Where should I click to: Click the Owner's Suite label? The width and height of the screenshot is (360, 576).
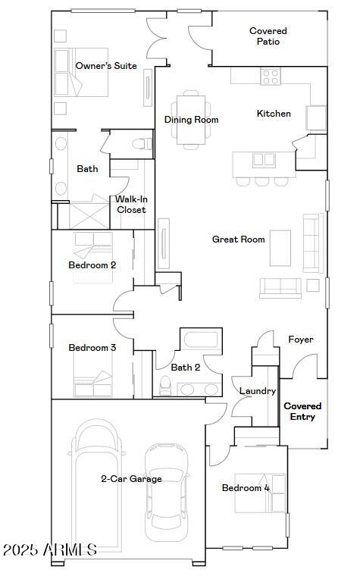click(106, 66)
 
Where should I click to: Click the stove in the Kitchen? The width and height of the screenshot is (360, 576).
click(271, 75)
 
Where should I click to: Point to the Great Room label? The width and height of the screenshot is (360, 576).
click(238, 239)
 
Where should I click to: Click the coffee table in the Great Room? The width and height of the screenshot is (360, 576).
click(280, 248)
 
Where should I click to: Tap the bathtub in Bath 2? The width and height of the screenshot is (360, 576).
click(200, 343)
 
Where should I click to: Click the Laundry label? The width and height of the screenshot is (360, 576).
click(257, 391)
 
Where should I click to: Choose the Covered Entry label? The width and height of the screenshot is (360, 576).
click(302, 412)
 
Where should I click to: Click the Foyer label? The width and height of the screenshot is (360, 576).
click(301, 340)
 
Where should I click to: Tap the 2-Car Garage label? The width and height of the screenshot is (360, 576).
click(131, 479)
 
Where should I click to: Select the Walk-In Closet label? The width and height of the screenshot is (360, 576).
click(131, 205)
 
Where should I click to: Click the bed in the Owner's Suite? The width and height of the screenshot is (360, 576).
click(81, 73)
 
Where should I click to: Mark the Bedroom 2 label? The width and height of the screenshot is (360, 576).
click(92, 265)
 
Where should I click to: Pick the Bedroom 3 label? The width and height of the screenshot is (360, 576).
click(92, 348)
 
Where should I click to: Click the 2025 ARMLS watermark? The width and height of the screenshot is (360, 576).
click(49, 549)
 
